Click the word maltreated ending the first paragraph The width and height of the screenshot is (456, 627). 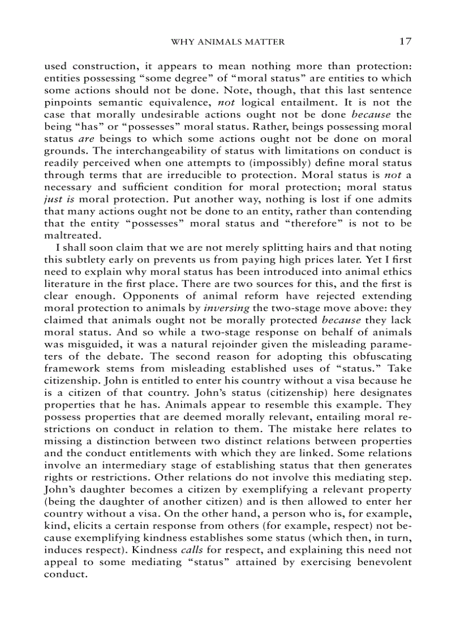(67, 236)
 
